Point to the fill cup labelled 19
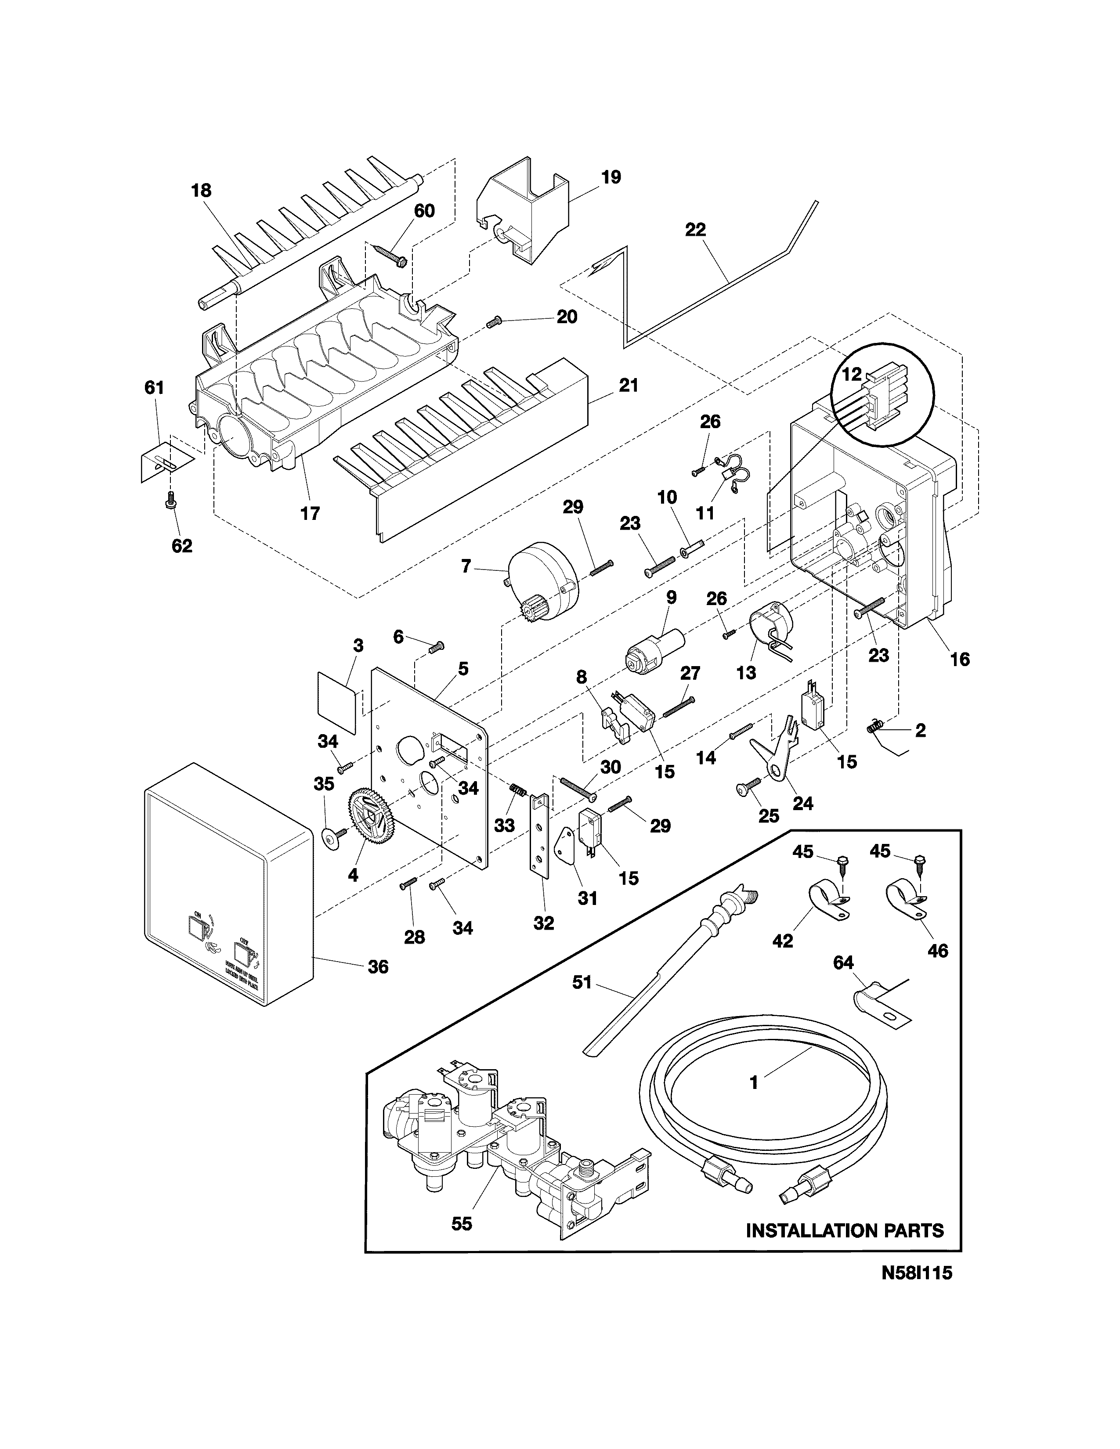524,213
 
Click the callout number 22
695,230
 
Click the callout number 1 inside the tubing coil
753,1082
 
